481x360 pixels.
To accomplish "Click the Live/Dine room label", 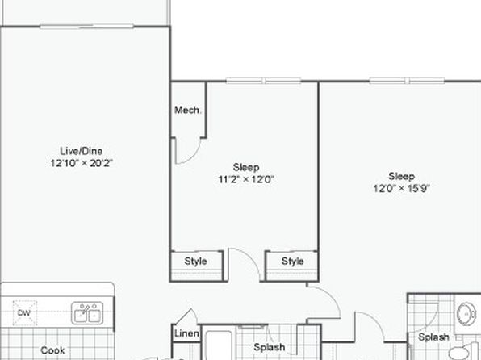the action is pos(82,151).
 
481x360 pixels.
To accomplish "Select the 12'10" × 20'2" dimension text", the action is pos(82,163).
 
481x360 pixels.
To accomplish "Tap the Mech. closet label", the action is pos(187,110).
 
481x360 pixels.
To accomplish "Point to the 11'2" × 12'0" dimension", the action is pos(245,179).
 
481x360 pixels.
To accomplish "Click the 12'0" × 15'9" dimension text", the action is pos(402,188).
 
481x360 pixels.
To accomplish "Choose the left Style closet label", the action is pos(196,262).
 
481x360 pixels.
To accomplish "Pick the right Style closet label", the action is pos(293,262).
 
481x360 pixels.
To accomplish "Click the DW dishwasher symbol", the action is pos(24,312).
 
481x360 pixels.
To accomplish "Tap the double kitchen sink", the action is pos(87,313).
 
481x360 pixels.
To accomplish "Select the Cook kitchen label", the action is pos(52,350).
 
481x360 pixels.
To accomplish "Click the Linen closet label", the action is pos(186,333).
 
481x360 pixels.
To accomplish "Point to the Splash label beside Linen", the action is pos(270,347).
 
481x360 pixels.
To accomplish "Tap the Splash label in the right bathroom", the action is pos(433,337).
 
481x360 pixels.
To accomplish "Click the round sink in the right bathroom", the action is pos(466,314).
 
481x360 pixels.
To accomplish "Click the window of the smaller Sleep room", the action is pos(264,81).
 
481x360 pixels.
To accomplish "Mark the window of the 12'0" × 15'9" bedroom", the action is pos(407,81).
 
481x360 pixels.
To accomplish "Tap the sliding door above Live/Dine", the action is pos(87,27).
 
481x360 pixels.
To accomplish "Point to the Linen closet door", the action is pos(187,316).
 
